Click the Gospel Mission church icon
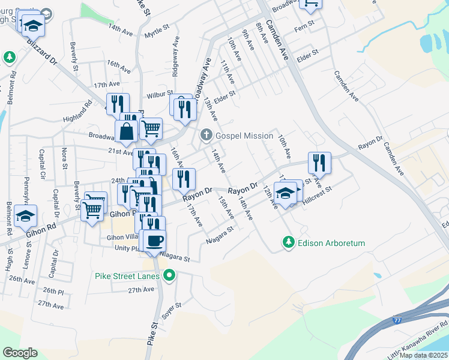click(206, 136)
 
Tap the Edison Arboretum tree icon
click(289, 243)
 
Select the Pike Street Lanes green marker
click(170, 276)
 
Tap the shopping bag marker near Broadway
click(126, 131)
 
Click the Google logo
click(20, 353)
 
